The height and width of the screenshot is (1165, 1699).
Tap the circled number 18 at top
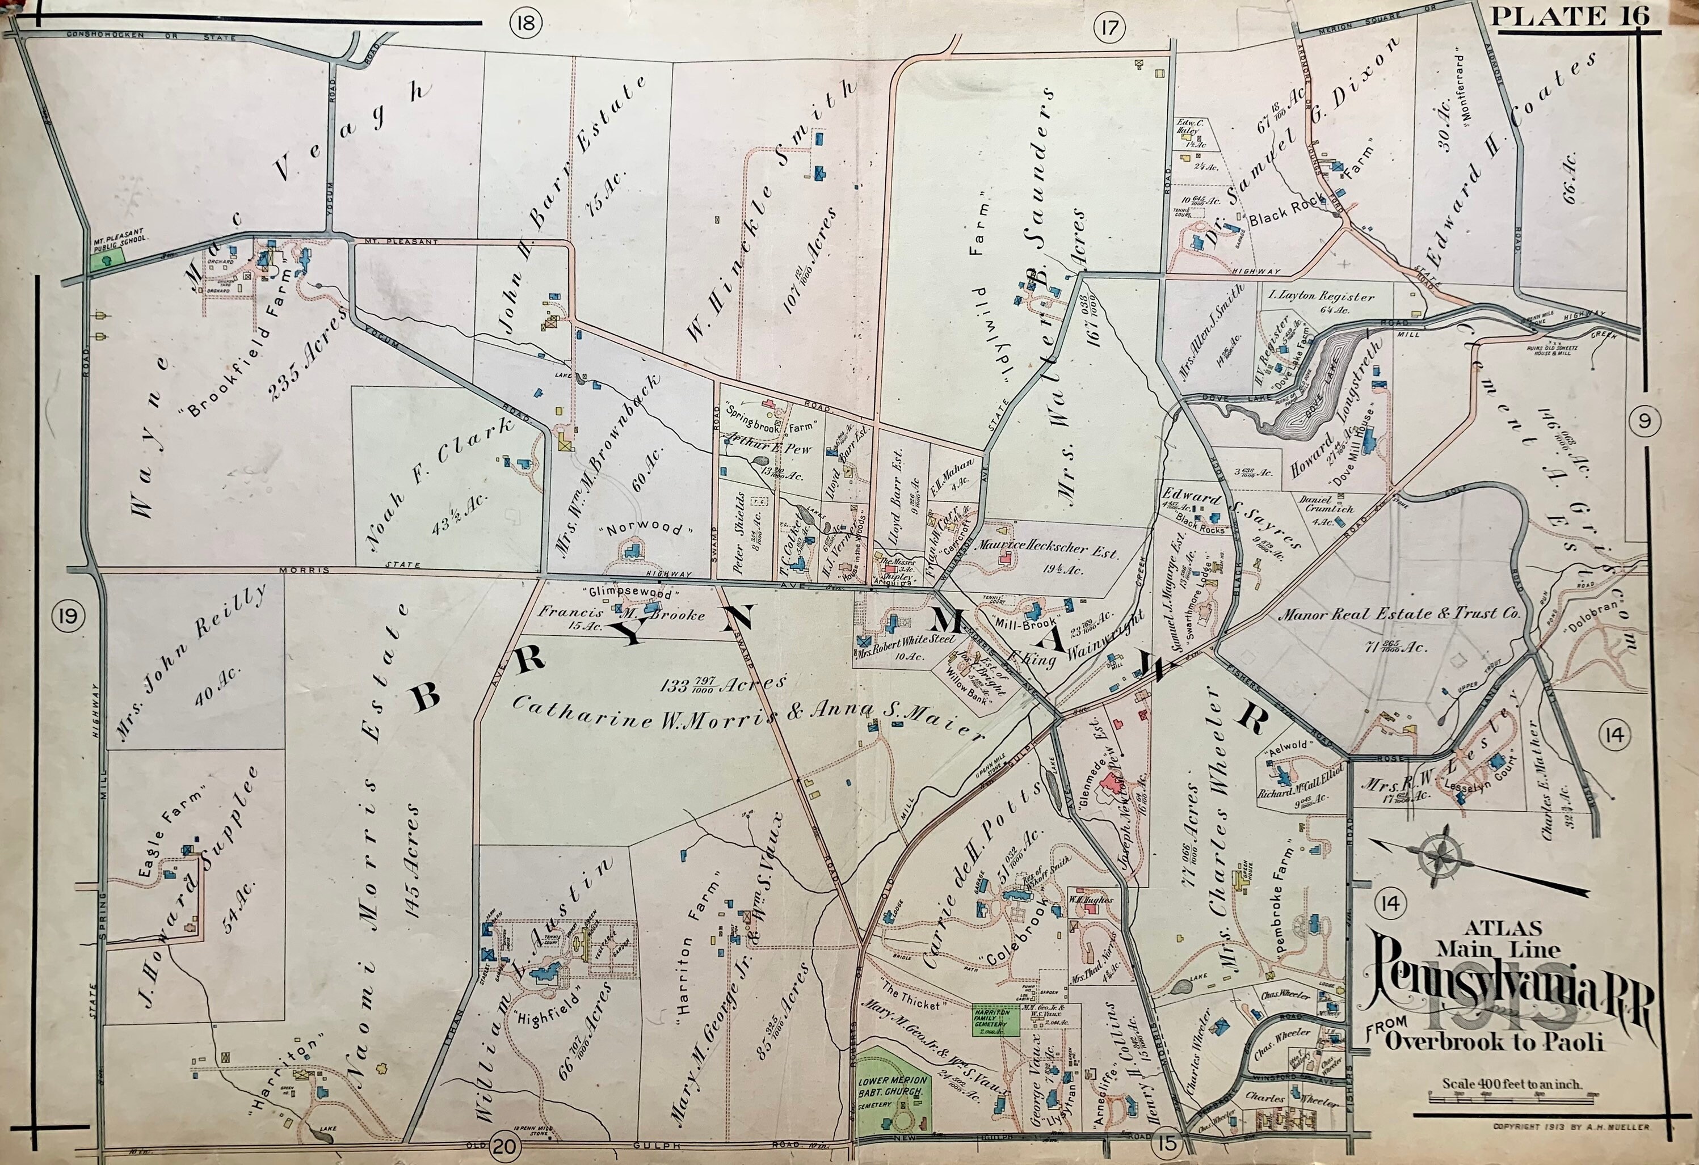pyautogui.click(x=525, y=23)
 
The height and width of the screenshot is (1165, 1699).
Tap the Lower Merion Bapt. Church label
pyautogui.click(x=892, y=1084)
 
